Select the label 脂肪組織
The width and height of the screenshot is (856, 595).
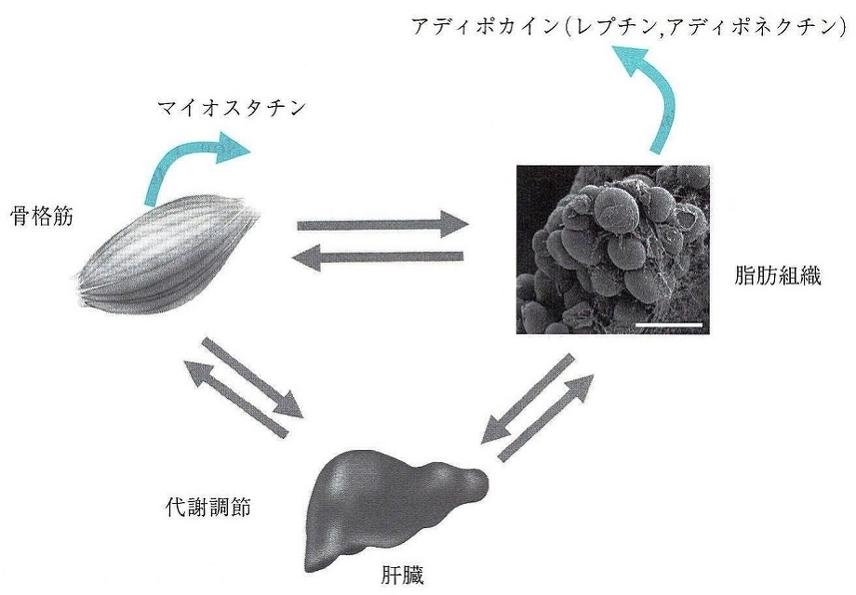click(776, 276)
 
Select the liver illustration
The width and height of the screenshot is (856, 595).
click(390, 502)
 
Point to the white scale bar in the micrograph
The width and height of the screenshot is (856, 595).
click(669, 324)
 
